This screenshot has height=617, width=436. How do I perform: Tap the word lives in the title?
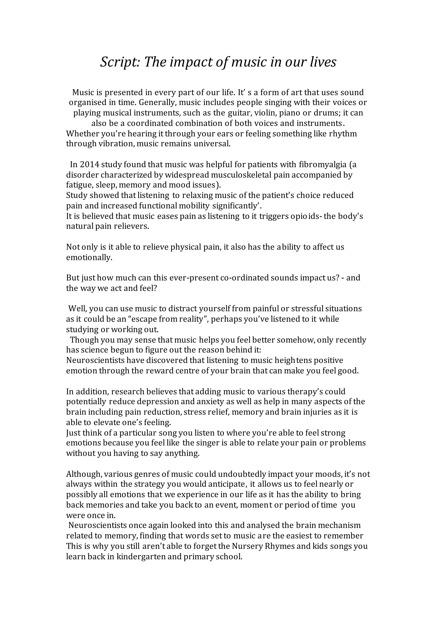pos(323,62)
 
